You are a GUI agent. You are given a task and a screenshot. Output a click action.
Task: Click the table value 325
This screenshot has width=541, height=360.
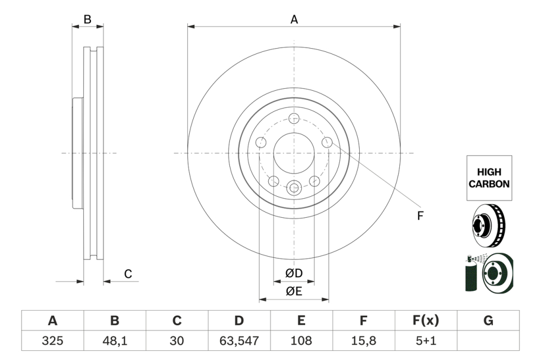[x=52, y=341]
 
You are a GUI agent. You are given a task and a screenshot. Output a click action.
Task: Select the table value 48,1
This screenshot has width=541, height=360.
[x=115, y=341]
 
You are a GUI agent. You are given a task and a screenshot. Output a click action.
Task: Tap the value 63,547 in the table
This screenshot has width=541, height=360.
[x=239, y=341]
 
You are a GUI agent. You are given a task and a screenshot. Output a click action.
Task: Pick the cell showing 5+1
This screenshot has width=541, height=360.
[x=426, y=341]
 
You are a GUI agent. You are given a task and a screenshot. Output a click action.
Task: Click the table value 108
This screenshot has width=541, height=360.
[x=301, y=341]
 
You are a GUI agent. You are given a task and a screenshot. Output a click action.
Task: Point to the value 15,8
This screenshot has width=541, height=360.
[x=364, y=341]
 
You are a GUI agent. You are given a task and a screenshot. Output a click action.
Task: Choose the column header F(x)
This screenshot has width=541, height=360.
[x=426, y=321]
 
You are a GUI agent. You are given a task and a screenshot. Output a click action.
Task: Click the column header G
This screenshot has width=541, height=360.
[x=488, y=321]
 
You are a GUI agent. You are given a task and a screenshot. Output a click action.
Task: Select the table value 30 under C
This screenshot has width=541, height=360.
[x=177, y=341]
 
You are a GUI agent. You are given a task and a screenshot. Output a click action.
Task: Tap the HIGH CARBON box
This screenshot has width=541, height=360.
[x=489, y=178]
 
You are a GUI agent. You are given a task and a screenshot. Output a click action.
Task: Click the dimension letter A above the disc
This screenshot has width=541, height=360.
[x=294, y=19]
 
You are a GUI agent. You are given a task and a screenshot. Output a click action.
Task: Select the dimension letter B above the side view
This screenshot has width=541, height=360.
[x=87, y=20]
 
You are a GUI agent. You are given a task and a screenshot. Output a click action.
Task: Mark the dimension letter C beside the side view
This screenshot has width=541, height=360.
[x=128, y=274]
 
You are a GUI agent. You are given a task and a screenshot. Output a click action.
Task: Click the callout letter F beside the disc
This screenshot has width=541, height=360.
[x=420, y=216]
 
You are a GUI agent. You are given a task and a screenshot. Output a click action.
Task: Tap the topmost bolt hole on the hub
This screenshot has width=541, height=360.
[x=294, y=119]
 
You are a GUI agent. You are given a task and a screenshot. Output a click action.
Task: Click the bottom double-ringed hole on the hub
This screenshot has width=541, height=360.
[x=294, y=188]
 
